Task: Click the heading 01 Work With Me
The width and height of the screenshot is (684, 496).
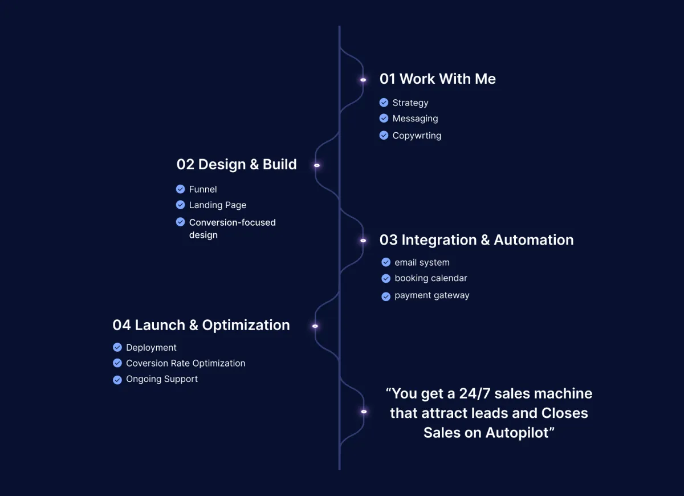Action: (x=437, y=79)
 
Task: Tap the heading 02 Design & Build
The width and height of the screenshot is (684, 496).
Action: (x=237, y=164)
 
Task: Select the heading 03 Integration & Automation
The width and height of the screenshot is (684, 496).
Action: (x=477, y=239)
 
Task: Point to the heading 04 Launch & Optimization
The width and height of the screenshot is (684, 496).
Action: (x=201, y=325)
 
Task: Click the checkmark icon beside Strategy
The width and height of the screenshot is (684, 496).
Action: (x=384, y=103)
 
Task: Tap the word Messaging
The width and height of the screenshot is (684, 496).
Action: (x=415, y=119)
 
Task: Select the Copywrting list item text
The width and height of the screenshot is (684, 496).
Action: (x=417, y=136)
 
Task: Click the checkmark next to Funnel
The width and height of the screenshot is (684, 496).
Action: (x=181, y=189)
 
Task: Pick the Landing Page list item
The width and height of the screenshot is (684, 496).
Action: (x=218, y=205)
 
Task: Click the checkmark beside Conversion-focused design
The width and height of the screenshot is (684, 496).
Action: (x=181, y=222)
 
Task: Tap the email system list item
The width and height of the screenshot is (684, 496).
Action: (x=422, y=262)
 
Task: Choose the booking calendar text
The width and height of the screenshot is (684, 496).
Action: (x=430, y=278)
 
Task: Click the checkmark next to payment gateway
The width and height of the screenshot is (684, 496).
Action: (x=386, y=296)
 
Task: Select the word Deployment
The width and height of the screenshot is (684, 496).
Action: (x=151, y=348)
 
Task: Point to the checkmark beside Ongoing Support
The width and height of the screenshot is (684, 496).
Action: (x=117, y=380)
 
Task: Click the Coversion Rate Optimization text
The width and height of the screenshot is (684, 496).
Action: (x=185, y=363)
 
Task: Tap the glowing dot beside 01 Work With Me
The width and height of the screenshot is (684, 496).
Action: (x=363, y=80)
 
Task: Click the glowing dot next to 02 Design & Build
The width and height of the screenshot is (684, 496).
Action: (x=317, y=165)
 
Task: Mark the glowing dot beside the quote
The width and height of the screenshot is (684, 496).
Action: (x=364, y=412)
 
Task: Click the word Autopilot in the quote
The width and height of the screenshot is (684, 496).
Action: (x=520, y=433)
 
